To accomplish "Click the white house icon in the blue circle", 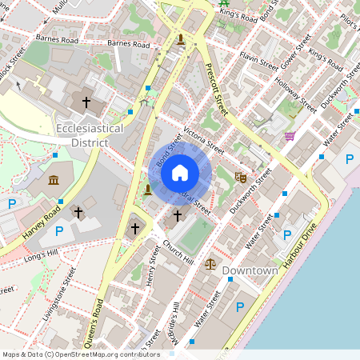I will pyautogui.click(x=180, y=172).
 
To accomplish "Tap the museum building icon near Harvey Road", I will pyautogui.click(x=54, y=179).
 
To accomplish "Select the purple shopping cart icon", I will pyautogui.click(x=290, y=136).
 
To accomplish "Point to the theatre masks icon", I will pyautogui.click(x=240, y=176).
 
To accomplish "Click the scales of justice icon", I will pyautogui.click(x=210, y=262).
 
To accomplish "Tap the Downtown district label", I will pyautogui.click(x=250, y=271).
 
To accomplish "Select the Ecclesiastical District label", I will pyautogui.click(x=90, y=135).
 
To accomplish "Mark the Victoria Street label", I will pyautogui.click(x=203, y=138).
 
